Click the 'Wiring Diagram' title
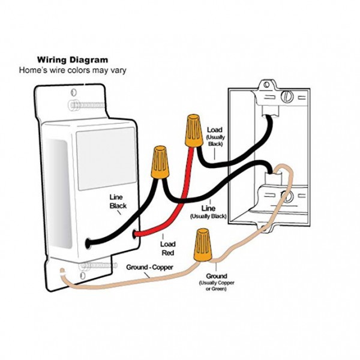73,60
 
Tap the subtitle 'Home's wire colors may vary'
73,70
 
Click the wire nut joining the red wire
194,131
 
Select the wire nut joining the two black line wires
160,162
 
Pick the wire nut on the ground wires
203,245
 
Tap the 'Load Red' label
168,248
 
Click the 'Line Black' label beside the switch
118,202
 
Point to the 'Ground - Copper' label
149,267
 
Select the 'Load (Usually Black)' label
215,137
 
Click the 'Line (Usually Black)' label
208,212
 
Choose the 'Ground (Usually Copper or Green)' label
217,282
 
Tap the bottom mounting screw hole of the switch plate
83,275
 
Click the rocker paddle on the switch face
106,158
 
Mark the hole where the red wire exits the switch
135,235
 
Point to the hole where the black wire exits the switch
88,244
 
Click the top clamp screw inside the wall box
287,97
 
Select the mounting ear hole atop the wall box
266,85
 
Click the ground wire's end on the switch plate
62,271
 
